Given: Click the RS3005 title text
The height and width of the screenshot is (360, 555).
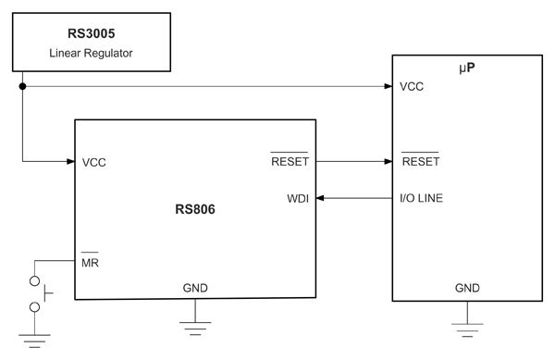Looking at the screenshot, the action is coord(92,33).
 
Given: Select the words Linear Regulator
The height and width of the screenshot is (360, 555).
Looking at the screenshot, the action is coord(91,53).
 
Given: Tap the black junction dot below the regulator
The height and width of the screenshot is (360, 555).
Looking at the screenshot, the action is coord(22,86).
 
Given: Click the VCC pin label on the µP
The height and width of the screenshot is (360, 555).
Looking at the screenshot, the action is coord(412,87).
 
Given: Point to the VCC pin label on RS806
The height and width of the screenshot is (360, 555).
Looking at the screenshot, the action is coord(93,163).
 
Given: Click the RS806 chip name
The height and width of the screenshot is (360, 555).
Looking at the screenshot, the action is coord(195,209).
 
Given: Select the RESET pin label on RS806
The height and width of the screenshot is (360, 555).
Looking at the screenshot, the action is coord(290,160).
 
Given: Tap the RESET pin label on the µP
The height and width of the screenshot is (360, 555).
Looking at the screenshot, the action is coord(421,160).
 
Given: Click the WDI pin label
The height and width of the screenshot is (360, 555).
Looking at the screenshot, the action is coord(298,199).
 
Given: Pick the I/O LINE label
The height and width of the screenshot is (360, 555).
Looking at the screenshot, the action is coord(421,198).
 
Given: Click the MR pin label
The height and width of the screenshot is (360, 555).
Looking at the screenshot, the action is coord(90,261).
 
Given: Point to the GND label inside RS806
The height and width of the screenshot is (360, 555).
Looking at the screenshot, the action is coord(195,288).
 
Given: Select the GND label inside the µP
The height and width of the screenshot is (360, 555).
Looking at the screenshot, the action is coord(467,288).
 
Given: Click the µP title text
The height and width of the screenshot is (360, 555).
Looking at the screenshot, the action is coord(467,68).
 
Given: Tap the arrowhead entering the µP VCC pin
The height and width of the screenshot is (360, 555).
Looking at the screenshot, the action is coord(388,86).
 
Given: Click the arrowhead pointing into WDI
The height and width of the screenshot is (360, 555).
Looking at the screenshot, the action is coord(320,198).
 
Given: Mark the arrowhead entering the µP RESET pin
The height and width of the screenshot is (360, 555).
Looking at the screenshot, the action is coord(388,161).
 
